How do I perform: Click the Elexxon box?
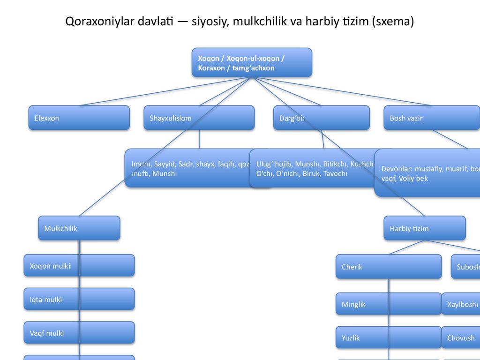pyautogui.click(x=79, y=118)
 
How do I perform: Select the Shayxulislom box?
pyautogui.click(x=199, y=118)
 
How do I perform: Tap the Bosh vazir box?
pyautogui.click(x=431, y=118)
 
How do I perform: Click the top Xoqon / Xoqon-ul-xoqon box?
pyautogui.click(x=252, y=62)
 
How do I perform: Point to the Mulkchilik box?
pyautogui.click(x=79, y=228)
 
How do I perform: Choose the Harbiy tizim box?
pyautogui.click(x=424, y=228)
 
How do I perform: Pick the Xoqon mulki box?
pyautogui.click(x=79, y=265)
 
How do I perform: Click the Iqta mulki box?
pyautogui.click(x=79, y=299)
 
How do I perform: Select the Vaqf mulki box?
pyautogui.click(x=79, y=333)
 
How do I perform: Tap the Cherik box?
pyautogui.click(x=388, y=266)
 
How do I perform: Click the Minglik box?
pyautogui.click(x=388, y=304)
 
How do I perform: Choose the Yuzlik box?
pyautogui.click(x=388, y=337)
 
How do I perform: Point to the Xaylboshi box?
pyautogui.click(x=462, y=304)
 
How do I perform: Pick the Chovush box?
pyautogui.click(x=462, y=337)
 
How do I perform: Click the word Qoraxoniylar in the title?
pyautogui.click(x=93, y=22)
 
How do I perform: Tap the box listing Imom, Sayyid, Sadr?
pyautogui.click(x=187, y=168)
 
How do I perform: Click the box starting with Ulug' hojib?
pyautogui.click(x=314, y=168)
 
